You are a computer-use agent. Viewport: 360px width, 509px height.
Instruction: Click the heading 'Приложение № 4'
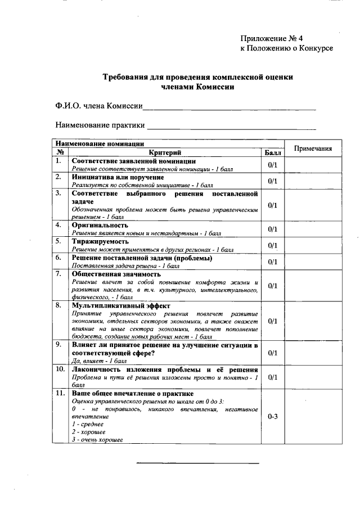271,38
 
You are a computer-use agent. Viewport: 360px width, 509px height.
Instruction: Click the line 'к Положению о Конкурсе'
286,48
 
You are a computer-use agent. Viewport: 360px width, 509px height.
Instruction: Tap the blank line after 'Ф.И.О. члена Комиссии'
229,107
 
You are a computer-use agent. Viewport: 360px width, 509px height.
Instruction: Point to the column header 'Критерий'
164,152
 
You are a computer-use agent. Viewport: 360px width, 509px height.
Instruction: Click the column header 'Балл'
272,152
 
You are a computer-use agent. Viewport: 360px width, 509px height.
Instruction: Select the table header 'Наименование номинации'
99,144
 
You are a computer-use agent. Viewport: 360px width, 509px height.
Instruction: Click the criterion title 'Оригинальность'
96,225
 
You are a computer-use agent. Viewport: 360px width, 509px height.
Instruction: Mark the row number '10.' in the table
60,370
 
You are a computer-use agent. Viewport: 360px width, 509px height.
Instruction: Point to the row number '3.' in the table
58,193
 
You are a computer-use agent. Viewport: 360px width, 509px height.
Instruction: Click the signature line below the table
197,463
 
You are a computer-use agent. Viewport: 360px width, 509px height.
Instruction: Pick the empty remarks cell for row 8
313,321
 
